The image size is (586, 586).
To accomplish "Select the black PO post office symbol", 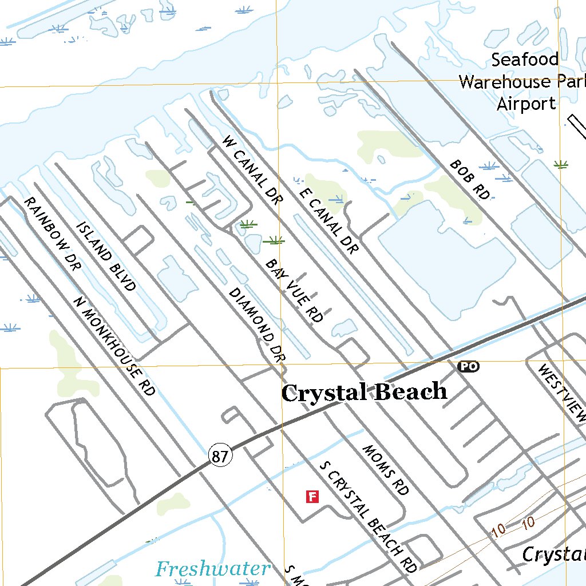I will pos(468,367).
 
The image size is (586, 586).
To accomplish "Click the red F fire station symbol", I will pos(312,496).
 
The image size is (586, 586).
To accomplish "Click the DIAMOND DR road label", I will pos(257,325).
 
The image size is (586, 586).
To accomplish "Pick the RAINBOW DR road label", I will pos(50,232).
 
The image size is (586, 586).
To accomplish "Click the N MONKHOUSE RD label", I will pos(114,346).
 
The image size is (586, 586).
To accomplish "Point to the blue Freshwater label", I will pos(213,569).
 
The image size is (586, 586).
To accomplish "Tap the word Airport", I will pos(526,104).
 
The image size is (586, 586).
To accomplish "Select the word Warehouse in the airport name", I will pos(504,82).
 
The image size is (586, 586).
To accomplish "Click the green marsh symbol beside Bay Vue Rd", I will pos(274,241).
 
